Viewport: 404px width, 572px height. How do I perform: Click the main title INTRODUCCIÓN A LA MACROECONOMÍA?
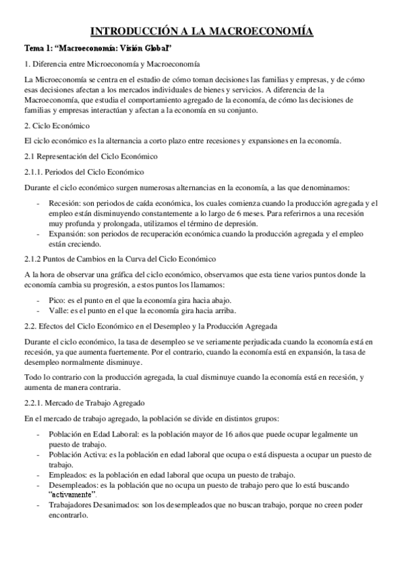(202, 30)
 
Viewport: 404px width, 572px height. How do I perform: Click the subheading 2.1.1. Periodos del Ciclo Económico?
(84, 171)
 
